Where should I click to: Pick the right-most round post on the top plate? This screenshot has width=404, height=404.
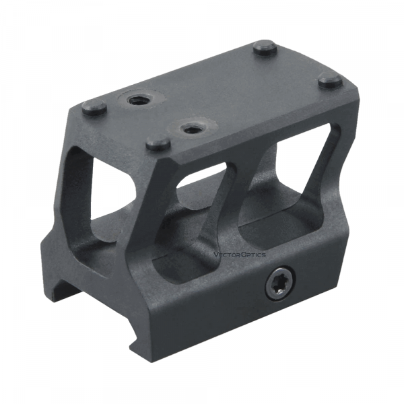click(331, 81)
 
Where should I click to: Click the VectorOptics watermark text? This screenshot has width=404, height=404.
click(239, 255)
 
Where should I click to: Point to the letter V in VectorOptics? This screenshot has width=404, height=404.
click(215, 255)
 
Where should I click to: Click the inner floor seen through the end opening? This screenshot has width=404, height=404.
click(101, 229)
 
